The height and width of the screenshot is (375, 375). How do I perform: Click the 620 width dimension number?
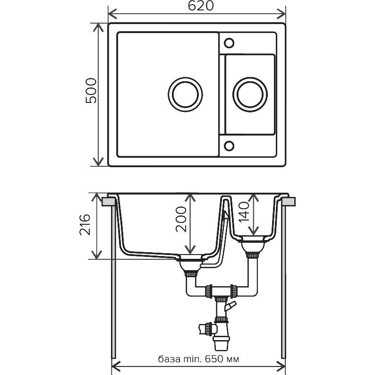click(200, 6)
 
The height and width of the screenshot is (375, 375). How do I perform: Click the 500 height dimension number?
click(91, 90)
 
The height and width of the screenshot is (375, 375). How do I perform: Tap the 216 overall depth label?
click(85, 224)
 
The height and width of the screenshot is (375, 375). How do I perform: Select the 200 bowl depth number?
click(181, 219)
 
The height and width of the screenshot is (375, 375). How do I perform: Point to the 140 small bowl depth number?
click(244, 212)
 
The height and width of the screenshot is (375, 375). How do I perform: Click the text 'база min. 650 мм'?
click(198, 359)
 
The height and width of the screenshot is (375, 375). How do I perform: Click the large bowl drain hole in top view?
click(185, 94)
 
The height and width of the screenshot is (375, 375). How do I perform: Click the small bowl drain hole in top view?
click(250, 94)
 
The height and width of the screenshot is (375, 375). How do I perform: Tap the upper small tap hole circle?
click(229, 43)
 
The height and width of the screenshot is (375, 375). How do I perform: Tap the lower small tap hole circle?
click(229, 145)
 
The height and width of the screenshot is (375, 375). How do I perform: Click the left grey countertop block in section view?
click(109, 202)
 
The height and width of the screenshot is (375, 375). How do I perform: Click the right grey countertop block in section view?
click(289, 202)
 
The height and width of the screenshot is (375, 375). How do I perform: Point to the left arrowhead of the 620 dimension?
click(112, 14)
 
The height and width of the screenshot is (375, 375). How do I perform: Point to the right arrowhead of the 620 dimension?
click(281, 14)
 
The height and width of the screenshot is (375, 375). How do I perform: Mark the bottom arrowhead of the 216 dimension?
click(97, 255)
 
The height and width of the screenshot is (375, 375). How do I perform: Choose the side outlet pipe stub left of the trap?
click(206, 329)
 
